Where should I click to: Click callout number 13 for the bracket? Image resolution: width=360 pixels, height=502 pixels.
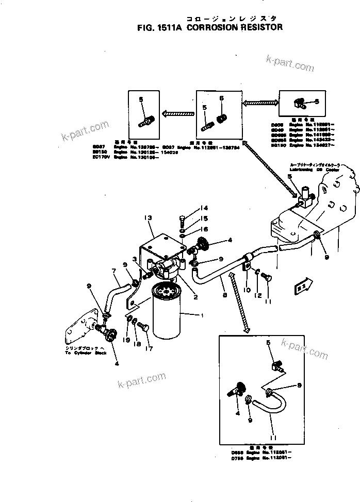149,219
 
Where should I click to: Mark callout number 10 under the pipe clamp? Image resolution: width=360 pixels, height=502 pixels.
247,290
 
